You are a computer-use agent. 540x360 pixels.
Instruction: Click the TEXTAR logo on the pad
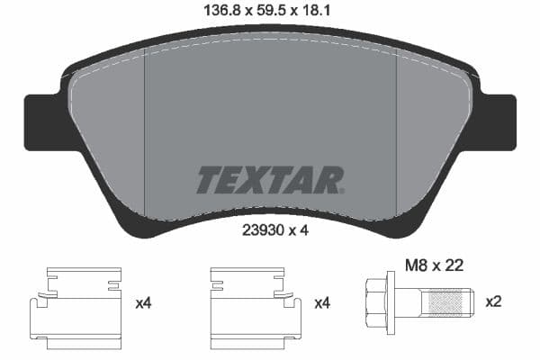[x=270, y=180]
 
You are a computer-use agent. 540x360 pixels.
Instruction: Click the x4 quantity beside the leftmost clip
[x=142, y=304]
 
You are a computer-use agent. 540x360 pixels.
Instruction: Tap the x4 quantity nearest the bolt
[x=321, y=304]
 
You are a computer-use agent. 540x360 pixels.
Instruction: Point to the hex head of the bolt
[x=381, y=303]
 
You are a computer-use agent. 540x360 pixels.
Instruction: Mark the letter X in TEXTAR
[x=253, y=180]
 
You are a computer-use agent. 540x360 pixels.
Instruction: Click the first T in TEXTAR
[x=208, y=180]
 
